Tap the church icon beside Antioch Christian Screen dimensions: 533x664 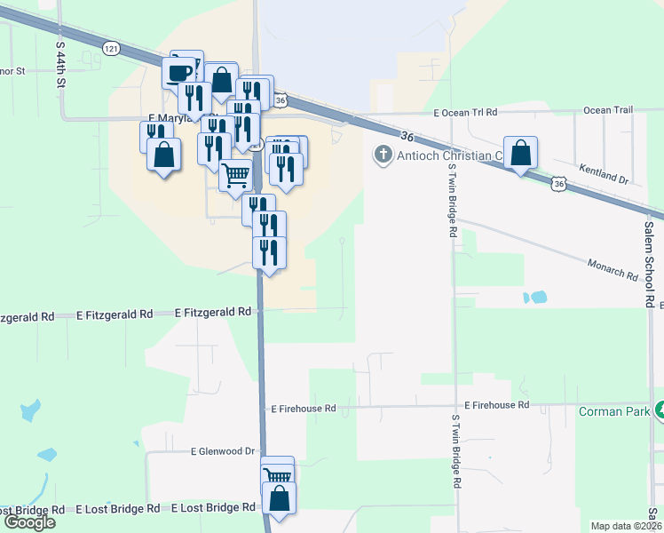(384, 155)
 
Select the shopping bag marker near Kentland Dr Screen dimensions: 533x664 (520, 152)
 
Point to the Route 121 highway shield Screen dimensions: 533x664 (110, 48)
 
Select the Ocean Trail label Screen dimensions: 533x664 (608, 110)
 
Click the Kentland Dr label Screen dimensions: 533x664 (603, 173)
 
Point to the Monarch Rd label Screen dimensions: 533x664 (613, 270)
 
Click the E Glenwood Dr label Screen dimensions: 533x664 (223, 451)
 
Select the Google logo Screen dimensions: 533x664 (28, 522)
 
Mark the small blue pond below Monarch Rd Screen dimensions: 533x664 (536, 298)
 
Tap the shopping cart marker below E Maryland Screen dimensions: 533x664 (234, 175)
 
